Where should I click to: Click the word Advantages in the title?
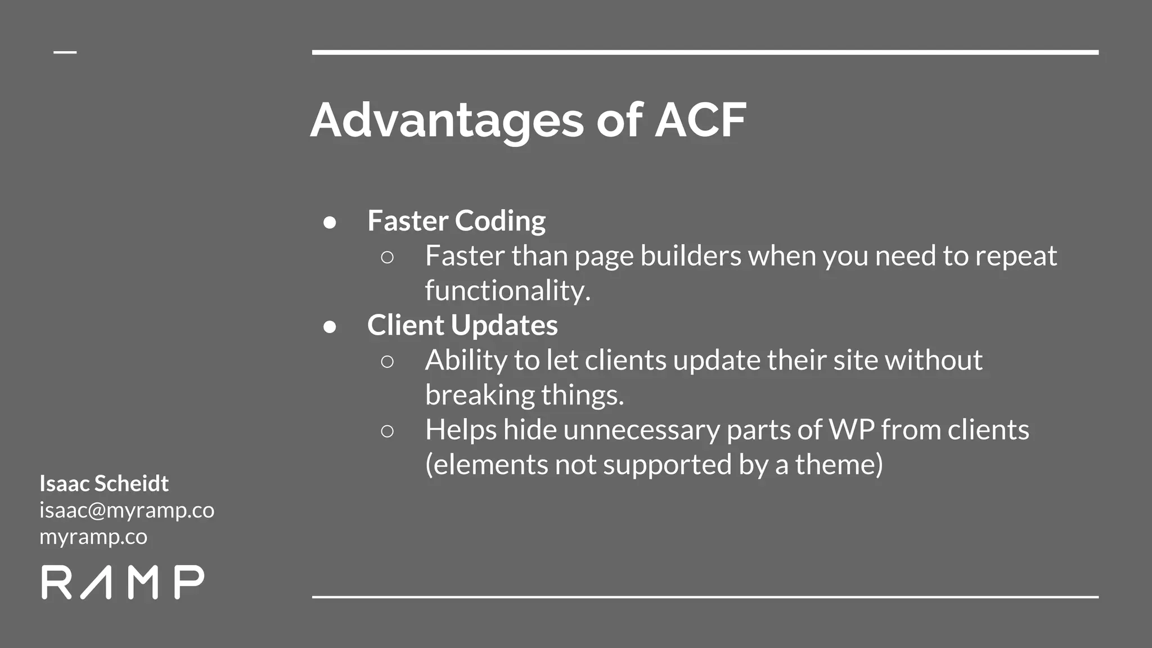pos(447,120)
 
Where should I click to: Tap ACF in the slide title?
pos(700,120)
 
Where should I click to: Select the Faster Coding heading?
pos(456,220)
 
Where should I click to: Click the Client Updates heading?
pos(462,325)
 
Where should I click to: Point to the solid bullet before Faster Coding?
pos(330,222)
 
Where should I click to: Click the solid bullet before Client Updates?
pos(330,327)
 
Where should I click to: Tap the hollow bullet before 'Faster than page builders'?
pos(387,258)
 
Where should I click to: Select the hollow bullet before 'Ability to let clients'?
pos(387,362)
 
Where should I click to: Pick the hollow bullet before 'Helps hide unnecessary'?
pos(387,431)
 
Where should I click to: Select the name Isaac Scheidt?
pos(104,483)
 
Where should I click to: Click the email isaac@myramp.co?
pos(127,510)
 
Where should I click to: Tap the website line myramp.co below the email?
pos(93,537)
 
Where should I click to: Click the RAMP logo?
pos(123,582)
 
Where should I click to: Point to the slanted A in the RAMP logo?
pos(96,583)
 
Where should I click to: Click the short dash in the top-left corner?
pos(65,52)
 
